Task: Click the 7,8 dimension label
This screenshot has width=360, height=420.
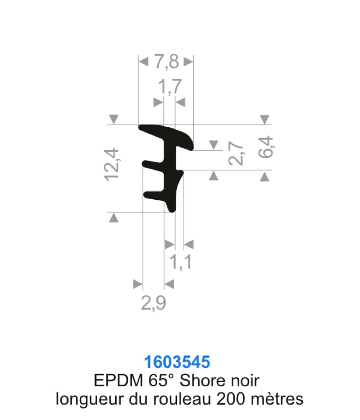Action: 167,62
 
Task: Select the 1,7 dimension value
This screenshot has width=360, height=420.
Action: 170,87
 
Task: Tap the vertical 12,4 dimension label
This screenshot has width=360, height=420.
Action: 111,165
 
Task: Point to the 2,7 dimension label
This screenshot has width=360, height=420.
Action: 236,153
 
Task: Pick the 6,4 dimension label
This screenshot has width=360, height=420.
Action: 265,147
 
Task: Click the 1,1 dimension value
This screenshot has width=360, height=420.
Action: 181,262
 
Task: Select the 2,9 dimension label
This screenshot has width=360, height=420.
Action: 153,302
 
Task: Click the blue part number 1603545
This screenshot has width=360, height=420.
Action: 177,362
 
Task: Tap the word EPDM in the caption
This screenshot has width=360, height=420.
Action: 119,380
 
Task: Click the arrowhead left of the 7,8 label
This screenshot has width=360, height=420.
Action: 144,62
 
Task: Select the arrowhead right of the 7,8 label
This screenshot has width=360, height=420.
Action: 188,62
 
